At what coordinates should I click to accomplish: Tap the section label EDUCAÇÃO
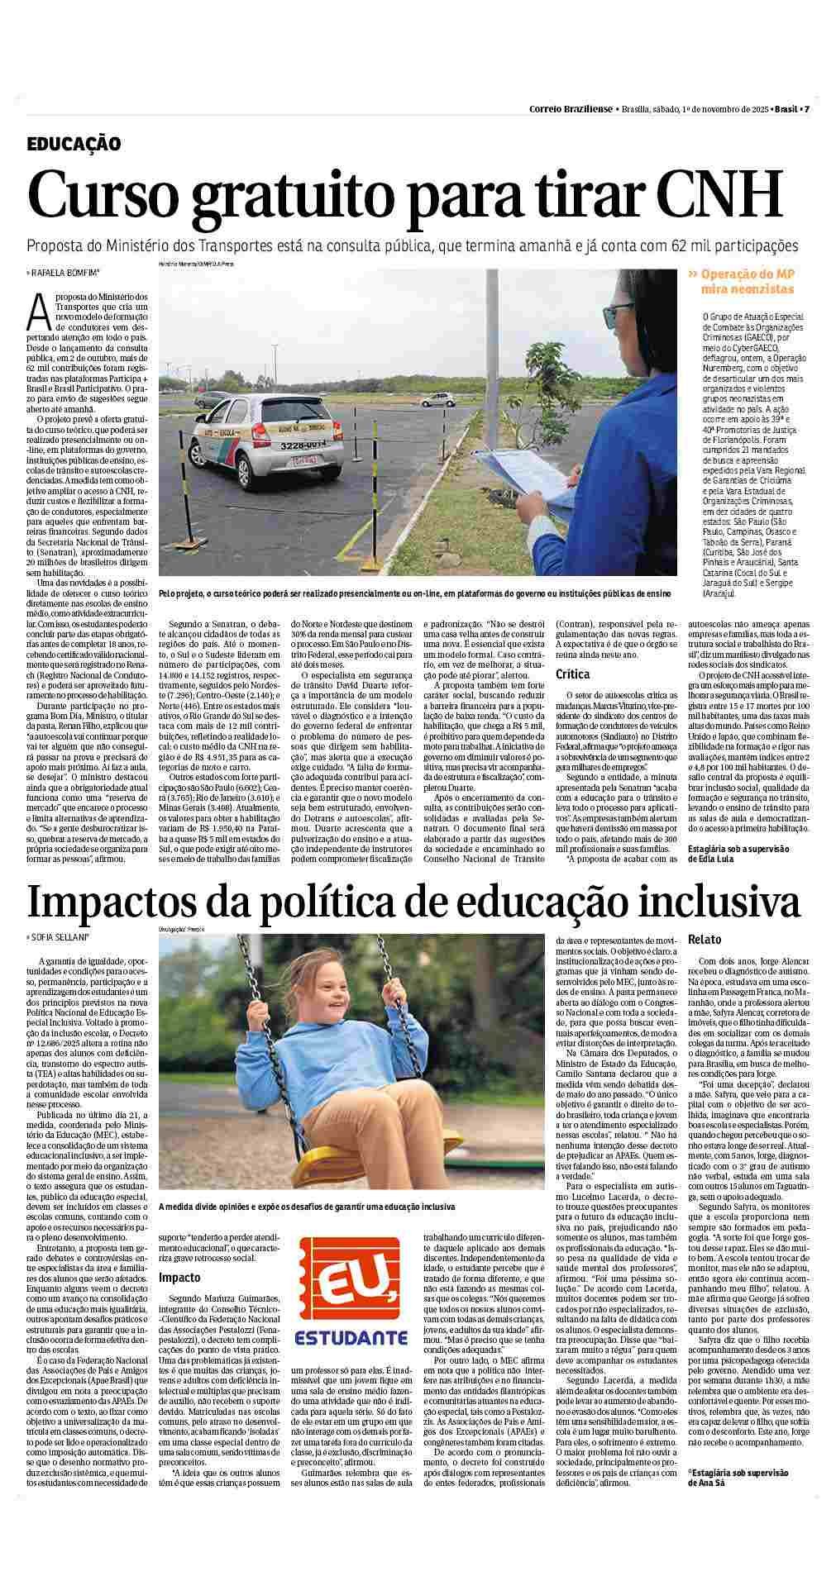(x=74, y=144)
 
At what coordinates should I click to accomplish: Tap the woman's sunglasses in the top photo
(x=619, y=313)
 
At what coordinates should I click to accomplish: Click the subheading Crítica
(x=572, y=674)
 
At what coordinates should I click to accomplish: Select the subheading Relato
(x=705, y=939)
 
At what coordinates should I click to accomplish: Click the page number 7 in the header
(x=806, y=110)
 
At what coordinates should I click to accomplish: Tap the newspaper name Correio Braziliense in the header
(x=571, y=110)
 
